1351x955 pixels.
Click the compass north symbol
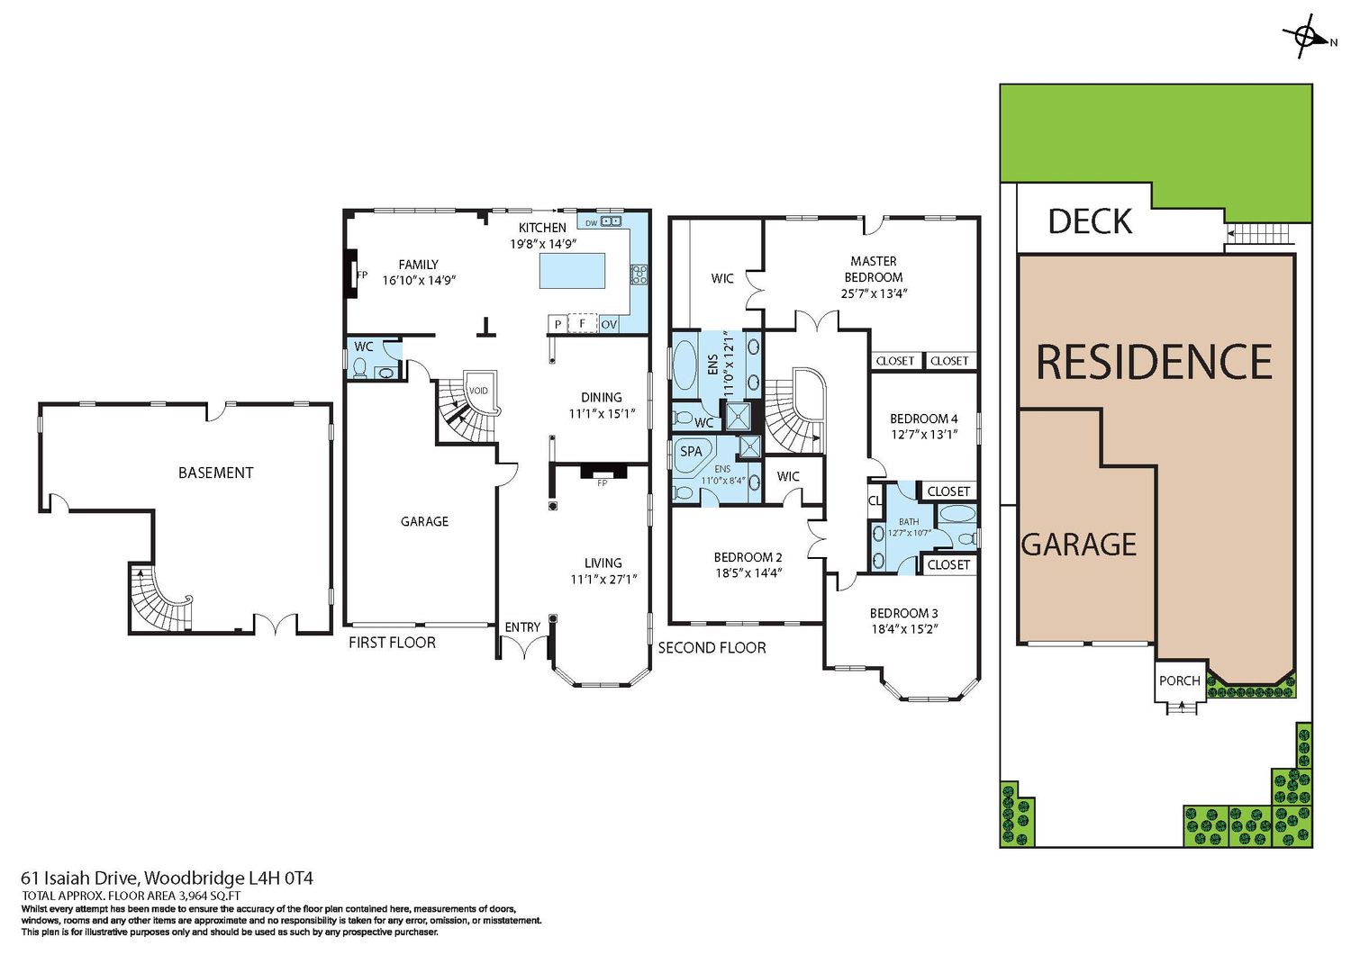[x=1308, y=38]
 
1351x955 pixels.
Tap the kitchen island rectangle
[x=572, y=271]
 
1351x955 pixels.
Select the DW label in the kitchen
[x=591, y=223]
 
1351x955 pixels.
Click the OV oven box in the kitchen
[x=609, y=324]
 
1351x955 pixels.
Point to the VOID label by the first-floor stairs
[x=478, y=391]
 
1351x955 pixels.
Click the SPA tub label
[x=691, y=451]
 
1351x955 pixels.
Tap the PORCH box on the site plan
[x=1180, y=681]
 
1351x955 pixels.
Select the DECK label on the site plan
[x=1090, y=221]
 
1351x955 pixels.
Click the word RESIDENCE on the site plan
[x=1154, y=362]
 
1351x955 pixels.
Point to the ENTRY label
[x=522, y=627]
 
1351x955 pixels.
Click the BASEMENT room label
[x=215, y=473]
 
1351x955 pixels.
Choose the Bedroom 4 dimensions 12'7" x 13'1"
[x=924, y=434]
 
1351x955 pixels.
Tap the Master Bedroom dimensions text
[x=874, y=293]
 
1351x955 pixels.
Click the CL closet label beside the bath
[x=875, y=500]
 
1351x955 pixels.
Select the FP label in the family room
[x=362, y=275]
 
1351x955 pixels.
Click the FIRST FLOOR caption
[x=392, y=643]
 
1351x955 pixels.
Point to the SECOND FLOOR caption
[x=712, y=647]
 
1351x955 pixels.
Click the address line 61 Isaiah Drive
[x=167, y=878]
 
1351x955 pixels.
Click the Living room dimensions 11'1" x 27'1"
[x=603, y=580]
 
